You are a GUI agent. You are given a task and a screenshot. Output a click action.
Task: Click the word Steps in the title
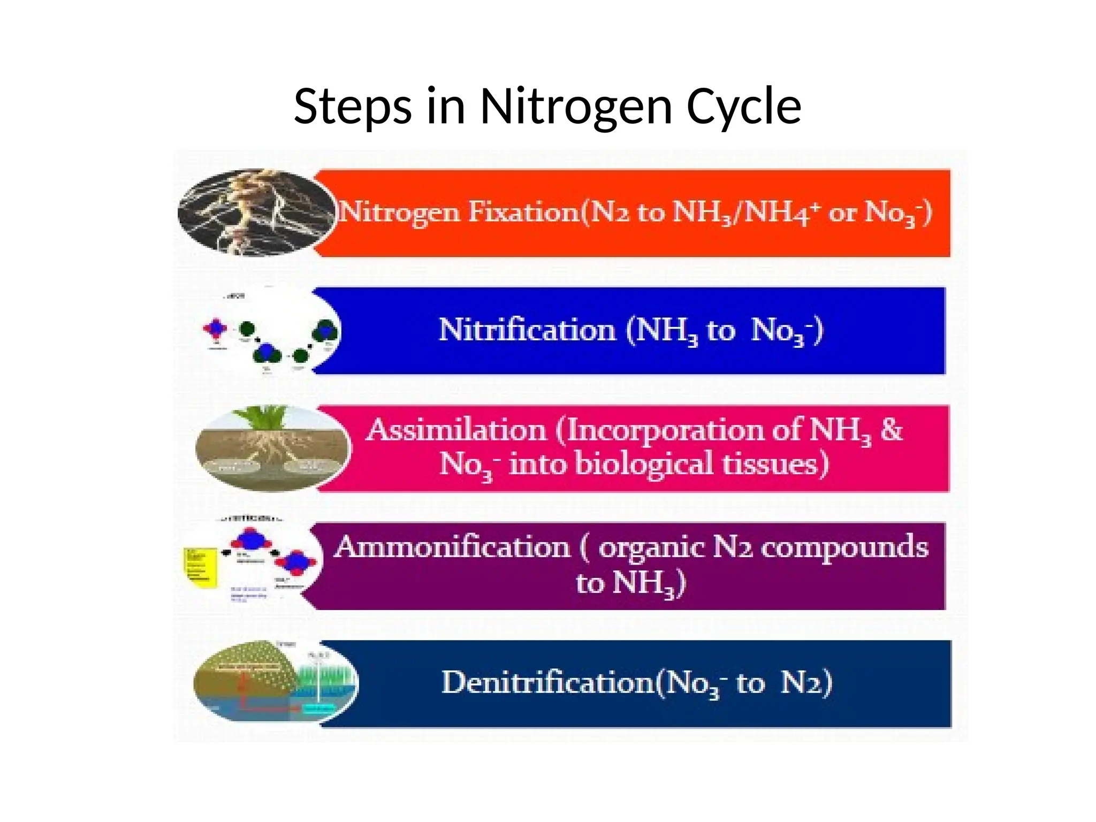[x=354, y=106]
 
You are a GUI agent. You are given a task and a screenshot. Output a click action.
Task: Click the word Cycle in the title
[x=743, y=106]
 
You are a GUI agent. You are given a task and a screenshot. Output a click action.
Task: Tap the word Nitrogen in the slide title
[x=576, y=106]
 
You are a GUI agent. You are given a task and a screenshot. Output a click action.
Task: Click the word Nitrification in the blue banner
[x=527, y=330]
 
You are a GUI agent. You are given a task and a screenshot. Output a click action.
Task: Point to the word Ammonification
[x=453, y=547]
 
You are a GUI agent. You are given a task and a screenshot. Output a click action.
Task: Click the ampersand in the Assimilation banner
[x=891, y=429]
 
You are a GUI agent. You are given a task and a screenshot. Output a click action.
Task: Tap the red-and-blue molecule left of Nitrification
[x=215, y=329]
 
